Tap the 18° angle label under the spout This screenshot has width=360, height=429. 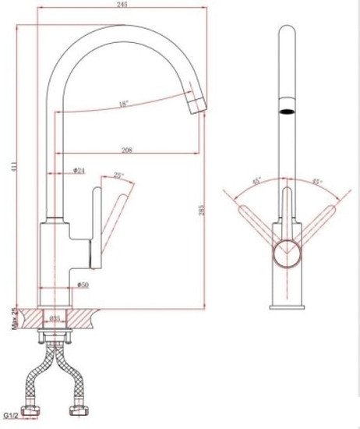coord(124,104)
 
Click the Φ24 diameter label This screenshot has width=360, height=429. coord(79,170)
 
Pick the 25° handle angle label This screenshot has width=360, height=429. coord(118,175)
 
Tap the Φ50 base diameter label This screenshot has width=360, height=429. coord(83,284)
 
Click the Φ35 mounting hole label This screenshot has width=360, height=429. coord(55,318)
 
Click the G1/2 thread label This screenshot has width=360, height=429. coord(12,415)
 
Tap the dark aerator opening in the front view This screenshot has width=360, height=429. coord(288,111)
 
